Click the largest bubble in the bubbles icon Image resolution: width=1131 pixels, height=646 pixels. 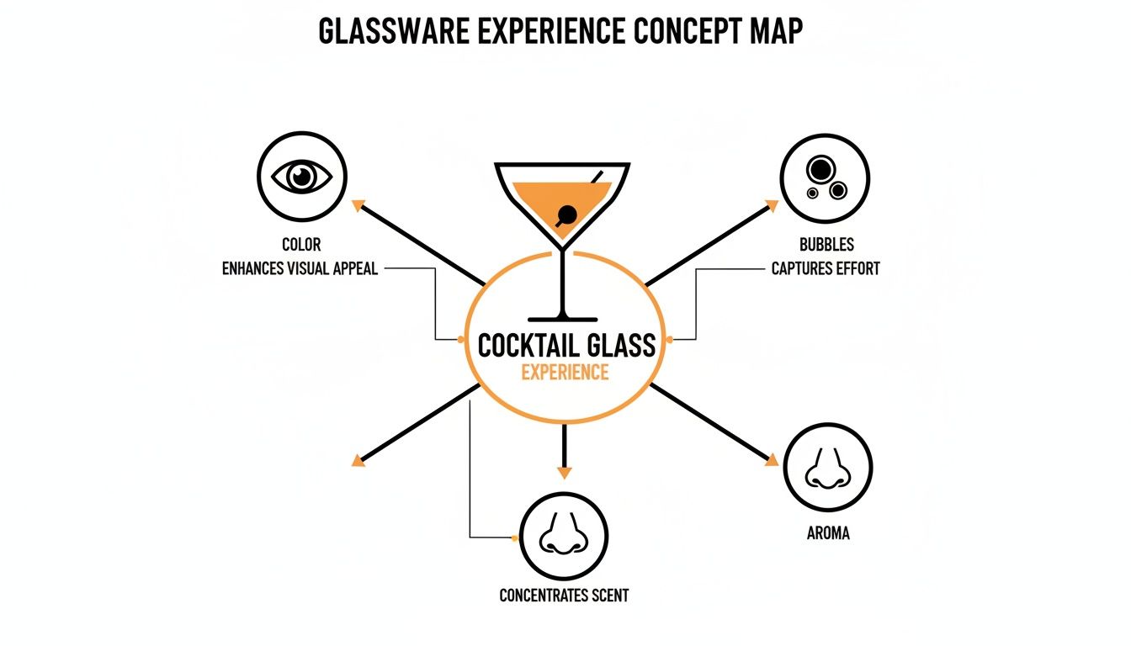(x=820, y=170)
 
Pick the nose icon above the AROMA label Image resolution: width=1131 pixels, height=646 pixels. (x=827, y=468)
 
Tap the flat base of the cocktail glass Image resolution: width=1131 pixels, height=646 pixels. (x=564, y=318)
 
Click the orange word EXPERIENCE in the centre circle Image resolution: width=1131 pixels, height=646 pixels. (x=565, y=373)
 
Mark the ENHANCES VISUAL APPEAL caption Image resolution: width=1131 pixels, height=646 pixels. (x=300, y=269)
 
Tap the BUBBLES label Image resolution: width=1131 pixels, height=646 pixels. (x=826, y=245)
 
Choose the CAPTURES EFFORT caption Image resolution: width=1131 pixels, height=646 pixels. (x=826, y=269)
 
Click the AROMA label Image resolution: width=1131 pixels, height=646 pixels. (x=827, y=533)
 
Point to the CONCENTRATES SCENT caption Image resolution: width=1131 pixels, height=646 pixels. (x=564, y=596)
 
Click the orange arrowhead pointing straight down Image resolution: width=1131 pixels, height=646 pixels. (x=564, y=472)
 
